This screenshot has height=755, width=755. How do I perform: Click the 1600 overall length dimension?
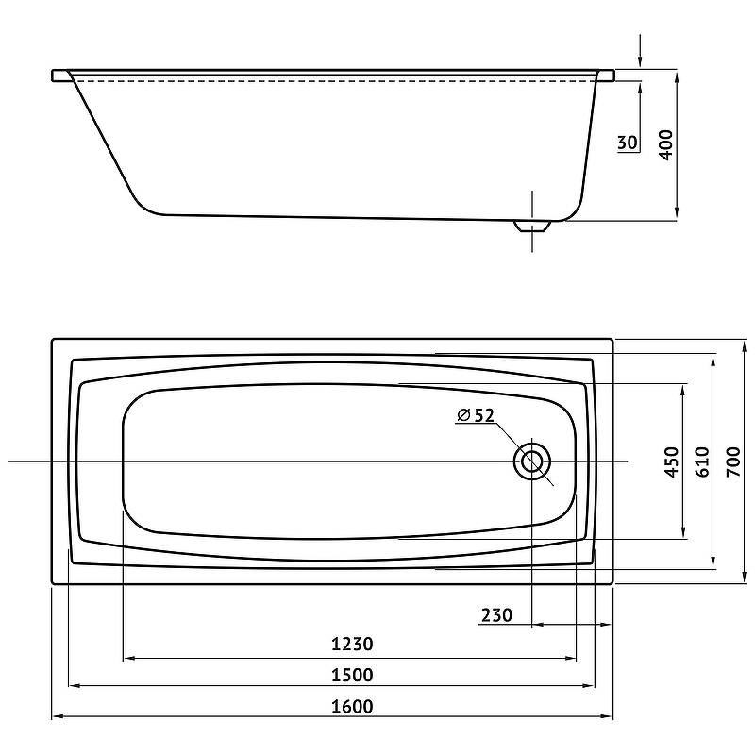pyautogui.click(x=352, y=706)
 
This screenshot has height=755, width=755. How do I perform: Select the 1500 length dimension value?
pyautogui.click(x=352, y=675)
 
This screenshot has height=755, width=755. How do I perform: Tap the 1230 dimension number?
pyautogui.click(x=352, y=644)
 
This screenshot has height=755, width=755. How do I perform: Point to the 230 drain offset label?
pyautogui.click(x=497, y=615)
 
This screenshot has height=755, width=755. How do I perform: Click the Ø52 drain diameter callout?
pyautogui.click(x=476, y=415)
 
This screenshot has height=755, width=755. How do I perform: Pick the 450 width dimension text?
pyautogui.click(x=672, y=461)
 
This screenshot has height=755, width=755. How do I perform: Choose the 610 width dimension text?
pyautogui.click(x=702, y=461)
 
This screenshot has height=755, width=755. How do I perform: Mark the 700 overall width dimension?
pyautogui.click(x=733, y=461)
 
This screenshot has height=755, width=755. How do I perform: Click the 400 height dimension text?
pyautogui.click(x=665, y=145)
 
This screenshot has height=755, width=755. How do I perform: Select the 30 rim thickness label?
pyautogui.click(x=628, y=143)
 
